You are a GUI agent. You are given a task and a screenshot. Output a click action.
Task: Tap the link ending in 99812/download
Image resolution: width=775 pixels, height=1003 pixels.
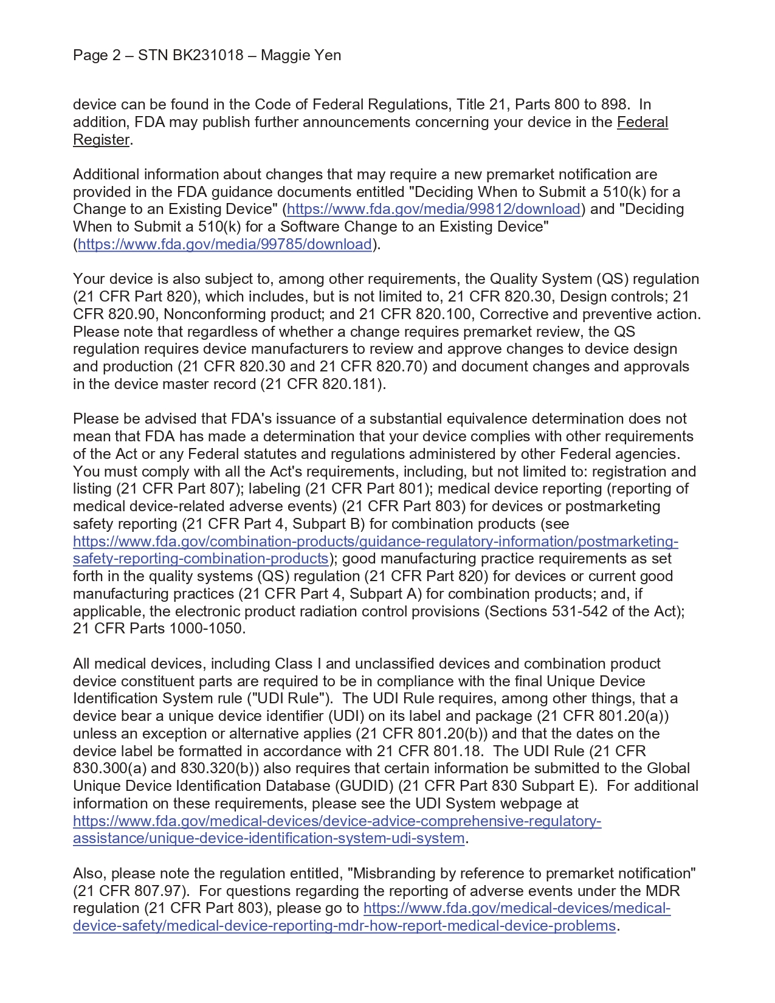point(434,209)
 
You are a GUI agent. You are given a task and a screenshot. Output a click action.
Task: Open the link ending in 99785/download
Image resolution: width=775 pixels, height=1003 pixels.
point(225,244)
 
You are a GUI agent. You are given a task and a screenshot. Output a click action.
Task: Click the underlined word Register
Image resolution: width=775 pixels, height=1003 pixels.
point(101,140)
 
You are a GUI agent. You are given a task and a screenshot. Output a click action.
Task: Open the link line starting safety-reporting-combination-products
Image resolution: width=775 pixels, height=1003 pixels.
point(201,559)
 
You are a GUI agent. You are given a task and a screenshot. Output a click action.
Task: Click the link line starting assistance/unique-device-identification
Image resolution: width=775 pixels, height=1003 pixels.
point(269,839)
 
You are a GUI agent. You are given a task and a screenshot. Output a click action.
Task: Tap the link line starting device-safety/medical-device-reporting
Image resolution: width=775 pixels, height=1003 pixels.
point(344,926)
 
